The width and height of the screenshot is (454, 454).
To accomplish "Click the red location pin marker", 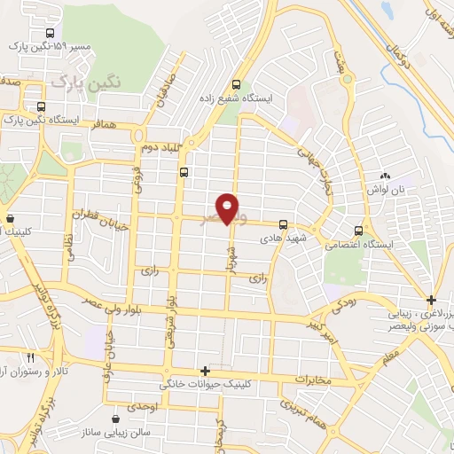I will pos(228,207).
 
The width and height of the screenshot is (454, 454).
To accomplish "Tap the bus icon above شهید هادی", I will pos(283,224).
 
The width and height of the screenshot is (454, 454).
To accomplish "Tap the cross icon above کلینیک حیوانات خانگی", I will pos(205,372).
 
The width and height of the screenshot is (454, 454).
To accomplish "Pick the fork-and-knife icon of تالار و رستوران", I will pos(31,356).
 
